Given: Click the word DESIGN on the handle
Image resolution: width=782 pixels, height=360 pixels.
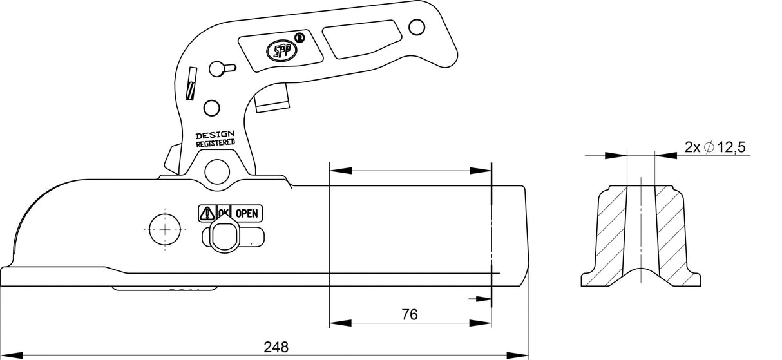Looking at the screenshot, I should [215, 135].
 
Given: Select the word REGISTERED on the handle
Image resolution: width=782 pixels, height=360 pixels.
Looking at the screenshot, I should [215, 144].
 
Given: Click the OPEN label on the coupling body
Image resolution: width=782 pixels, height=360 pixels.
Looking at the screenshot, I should [247, 213].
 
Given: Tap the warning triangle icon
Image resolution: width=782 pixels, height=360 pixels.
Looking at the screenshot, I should [207, 213].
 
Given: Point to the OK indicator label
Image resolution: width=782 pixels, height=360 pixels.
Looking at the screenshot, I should [224, 212].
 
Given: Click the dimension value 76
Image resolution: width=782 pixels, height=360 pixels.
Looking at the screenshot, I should [409, 314].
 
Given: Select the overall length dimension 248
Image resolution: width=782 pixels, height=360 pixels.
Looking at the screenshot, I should [276, 346].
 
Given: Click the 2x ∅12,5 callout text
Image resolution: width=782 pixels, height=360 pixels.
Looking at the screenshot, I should [715, 147].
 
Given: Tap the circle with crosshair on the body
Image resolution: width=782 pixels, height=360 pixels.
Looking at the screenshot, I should [165, 229].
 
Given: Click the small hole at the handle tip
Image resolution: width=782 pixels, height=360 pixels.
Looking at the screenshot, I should [417, 26].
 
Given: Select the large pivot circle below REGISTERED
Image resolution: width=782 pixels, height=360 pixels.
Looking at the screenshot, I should [217, 171].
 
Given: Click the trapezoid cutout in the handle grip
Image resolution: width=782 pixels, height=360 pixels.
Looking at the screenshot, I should [359, 39].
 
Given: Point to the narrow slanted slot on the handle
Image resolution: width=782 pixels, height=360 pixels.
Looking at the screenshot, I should [191, 83].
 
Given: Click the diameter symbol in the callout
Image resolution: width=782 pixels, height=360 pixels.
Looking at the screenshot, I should [708, 147].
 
